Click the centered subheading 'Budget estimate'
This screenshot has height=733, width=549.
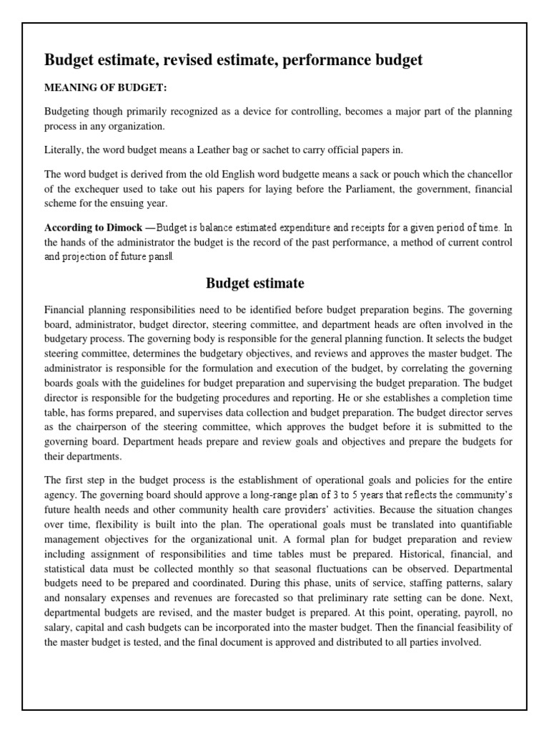coord(255,283)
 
